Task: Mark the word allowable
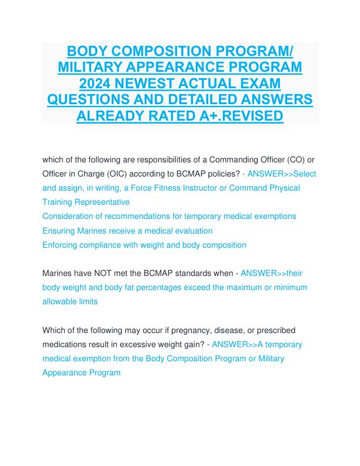(62, 301)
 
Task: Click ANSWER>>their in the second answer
(272, 273)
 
